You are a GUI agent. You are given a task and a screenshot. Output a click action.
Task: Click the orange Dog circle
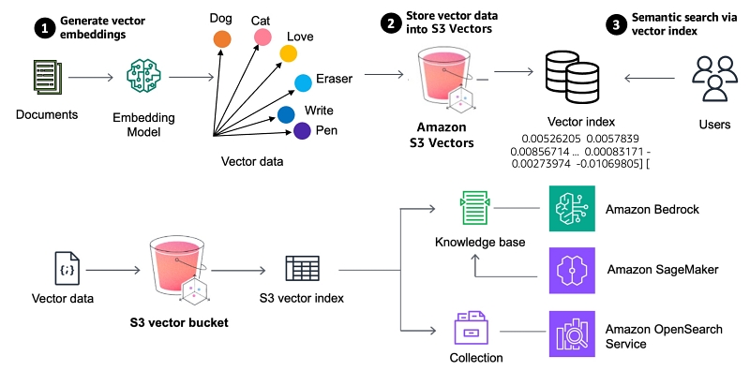point(222,39)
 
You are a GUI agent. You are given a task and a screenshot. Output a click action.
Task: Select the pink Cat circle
point(262,37)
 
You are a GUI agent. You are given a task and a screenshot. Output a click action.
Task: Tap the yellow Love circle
point(289,53)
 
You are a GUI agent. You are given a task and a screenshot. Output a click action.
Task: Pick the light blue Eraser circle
point(303,82)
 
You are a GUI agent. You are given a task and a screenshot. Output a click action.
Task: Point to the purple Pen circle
point(302,130)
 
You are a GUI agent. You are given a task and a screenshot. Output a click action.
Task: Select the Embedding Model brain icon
point(143,75)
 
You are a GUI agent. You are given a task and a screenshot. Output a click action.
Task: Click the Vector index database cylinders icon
point(573,77)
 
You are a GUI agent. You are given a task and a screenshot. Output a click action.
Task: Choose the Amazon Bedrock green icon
point(572,208)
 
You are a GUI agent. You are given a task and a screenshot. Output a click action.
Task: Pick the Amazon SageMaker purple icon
point(572,270)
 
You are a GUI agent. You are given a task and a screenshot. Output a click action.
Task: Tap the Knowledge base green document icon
point(474,208)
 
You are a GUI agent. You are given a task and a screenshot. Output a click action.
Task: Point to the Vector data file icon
point(67,269)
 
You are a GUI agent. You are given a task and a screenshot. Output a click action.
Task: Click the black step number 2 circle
point(391,25)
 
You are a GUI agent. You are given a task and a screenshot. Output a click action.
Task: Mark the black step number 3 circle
point(616,25)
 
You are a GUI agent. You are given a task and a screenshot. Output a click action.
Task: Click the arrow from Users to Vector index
point(650,79)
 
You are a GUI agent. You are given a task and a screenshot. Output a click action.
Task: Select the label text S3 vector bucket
point(179,322)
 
